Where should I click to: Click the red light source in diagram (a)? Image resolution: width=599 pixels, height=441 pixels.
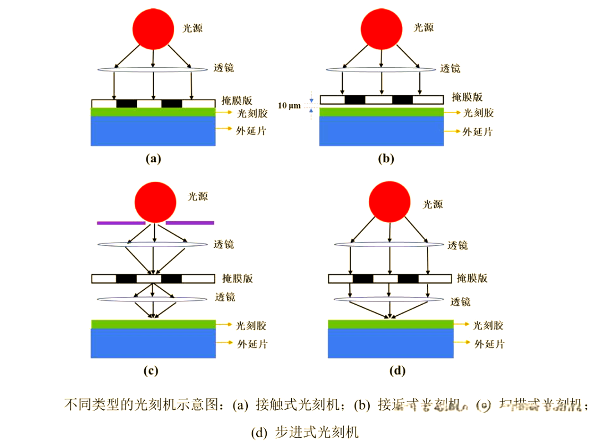pos(153,27)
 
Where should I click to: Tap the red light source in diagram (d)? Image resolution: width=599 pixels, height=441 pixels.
pos(390,200)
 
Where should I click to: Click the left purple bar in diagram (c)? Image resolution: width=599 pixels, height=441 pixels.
pos(121,223)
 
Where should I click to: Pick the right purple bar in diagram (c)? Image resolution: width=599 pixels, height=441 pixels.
pos(190,223)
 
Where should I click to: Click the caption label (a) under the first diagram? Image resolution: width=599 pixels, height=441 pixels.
pos(153,159)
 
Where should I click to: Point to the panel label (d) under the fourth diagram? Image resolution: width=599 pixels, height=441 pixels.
pos(397,371)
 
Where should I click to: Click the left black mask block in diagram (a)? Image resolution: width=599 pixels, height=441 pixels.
pos(126,104)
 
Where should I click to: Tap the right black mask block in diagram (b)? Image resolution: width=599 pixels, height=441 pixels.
pos(403,100)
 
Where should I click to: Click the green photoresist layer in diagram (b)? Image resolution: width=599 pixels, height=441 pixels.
pos(382,112)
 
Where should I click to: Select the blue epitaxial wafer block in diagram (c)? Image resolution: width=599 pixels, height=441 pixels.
pos(153,343)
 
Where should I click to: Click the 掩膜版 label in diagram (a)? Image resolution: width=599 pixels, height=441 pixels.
pos(236,100)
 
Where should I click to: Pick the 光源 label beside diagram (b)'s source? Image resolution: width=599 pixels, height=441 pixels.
pos(423,27)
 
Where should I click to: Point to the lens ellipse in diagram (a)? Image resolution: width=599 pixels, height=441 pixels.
pos(153,69)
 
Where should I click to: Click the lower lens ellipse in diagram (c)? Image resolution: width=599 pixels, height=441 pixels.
pos(153,299)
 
